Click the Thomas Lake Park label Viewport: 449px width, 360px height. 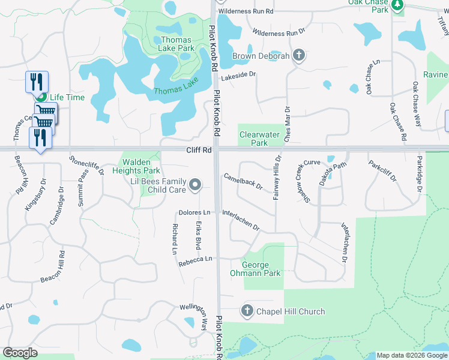(178, 44)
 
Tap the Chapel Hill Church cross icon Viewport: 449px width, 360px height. (247, 311)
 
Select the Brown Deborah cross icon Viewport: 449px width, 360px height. (300, 56)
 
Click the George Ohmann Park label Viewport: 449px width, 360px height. (261, 269)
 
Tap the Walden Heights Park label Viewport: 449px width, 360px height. (140, 166)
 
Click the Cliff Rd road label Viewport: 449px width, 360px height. (199, 150)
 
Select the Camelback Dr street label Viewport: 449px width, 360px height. (243, 182)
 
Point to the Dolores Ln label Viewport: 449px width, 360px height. (194, 213)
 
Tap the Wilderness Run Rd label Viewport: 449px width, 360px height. (246, 11)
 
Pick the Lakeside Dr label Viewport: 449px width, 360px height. (238, 76)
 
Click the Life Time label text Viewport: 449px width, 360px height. (67, 97)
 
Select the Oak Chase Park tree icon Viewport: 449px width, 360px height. (397, 5)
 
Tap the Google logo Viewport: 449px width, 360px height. (20, 353)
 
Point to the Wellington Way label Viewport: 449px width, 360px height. (198, 317)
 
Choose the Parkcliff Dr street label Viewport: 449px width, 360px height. (382, 171)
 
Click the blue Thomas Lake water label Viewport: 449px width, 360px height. (175, 90)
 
